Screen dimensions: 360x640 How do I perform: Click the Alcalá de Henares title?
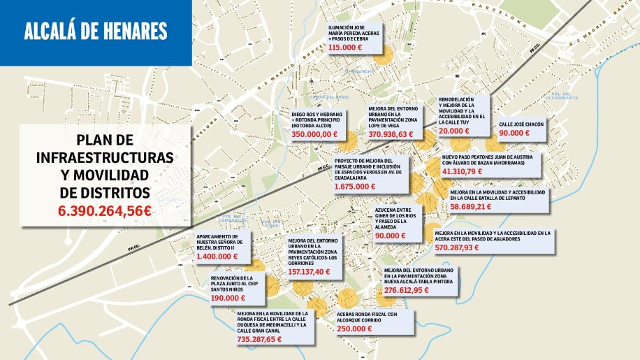click(96, 31)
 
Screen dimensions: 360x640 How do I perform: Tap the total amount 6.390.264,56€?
click(105, 210)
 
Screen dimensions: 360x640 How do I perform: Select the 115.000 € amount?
click(344, 48)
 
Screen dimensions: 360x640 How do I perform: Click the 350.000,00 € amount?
click(314, 134)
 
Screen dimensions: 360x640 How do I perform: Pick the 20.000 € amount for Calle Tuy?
click(454, 131)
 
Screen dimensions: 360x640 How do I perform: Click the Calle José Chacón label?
click(521, 124)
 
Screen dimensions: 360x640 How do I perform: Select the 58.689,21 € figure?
click(471, 207)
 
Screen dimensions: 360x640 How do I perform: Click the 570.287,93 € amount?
click(457, 247)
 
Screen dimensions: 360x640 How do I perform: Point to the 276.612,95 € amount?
click(407, 289)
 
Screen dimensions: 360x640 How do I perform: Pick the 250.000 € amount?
click(354, 329)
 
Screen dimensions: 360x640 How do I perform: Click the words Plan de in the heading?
click(105, 140)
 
